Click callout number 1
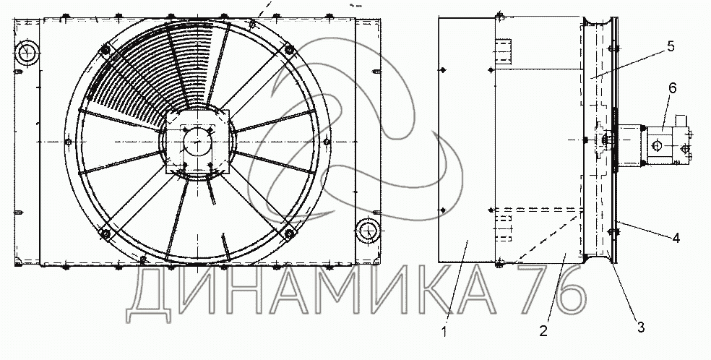tap(444, 333)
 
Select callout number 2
tap(543, 330)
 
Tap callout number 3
tap(640, 327)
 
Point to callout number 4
tap(676, 238)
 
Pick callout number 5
tap(671, 47)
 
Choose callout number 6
tap(673, 88)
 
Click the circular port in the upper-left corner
tap(27, 53)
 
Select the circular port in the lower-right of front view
tap(368, 231)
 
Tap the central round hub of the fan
tap(198, 142)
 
